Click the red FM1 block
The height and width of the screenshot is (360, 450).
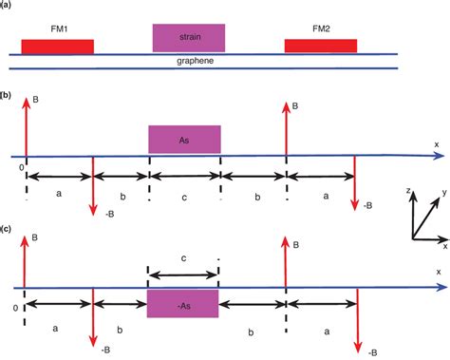(x=57, y=46)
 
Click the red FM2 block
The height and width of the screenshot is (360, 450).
(x=321, y=46)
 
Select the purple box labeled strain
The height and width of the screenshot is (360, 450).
(x=189, y=37)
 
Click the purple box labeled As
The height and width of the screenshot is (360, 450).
(x=184, y=139)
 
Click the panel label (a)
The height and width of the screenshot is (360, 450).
(x=7, y=6)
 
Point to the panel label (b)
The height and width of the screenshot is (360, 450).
(x=7, y=96)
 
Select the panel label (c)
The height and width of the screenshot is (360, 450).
(x=7, y=229)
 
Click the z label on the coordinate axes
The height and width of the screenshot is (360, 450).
(x=407, y=191)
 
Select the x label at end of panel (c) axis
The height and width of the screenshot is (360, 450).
(x=439, y=272)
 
